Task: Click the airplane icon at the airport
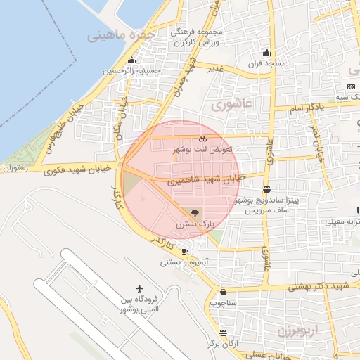(140, 289)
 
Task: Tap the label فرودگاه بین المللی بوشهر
(140, 304)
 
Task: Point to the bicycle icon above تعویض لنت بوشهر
(202, 139)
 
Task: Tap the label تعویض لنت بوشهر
(203, 150)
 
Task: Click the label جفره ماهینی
(121, 35)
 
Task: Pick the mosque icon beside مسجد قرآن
(266, 52)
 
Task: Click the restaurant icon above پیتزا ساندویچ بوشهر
(266, 189)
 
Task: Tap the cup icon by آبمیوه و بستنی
(184, 251)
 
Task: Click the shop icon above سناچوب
(223, 292)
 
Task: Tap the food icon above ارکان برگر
(223, 333)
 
